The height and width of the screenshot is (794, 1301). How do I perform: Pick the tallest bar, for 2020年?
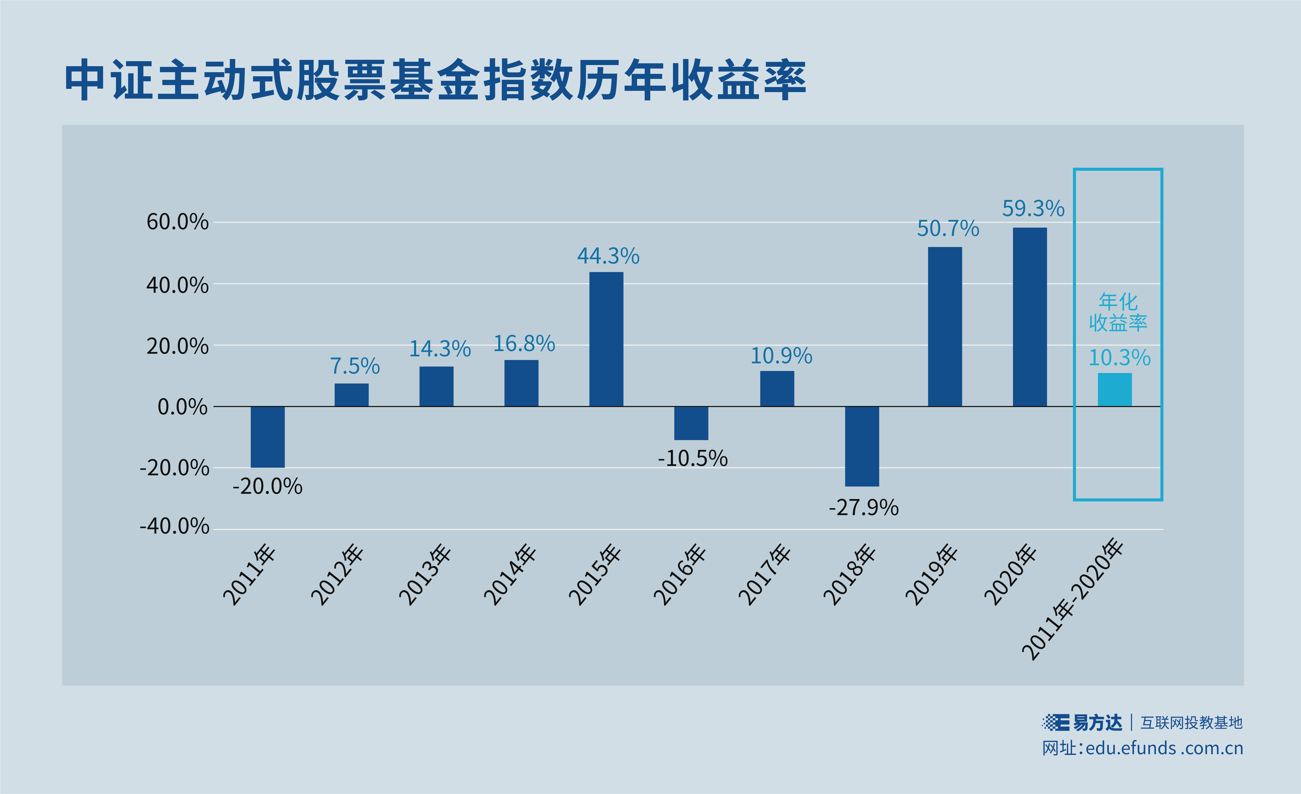[1030, 317]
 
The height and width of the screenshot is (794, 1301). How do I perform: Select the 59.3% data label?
[1033, 209]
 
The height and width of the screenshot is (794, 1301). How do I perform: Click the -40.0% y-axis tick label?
[174, 527]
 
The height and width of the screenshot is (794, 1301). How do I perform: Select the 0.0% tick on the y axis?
[183, 407]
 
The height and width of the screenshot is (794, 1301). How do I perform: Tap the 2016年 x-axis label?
[680, 576]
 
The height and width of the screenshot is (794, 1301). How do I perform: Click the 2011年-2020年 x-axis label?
[1072, 599]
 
